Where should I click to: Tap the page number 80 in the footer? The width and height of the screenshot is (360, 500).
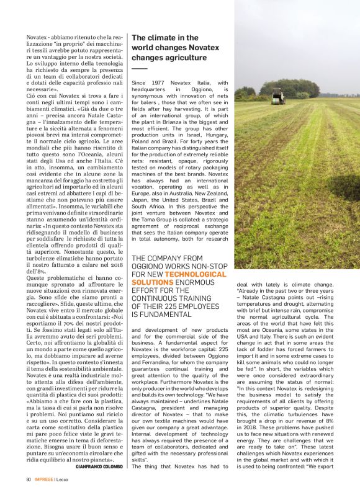(29, 479)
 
